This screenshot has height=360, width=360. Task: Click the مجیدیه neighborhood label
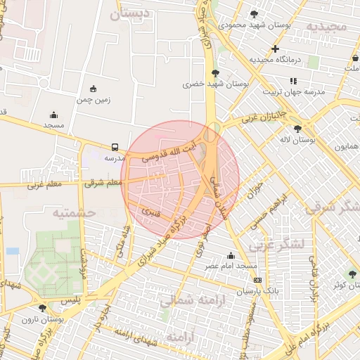click(x=326, y=26)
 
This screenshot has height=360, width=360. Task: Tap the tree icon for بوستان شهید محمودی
click(x=254, y=13)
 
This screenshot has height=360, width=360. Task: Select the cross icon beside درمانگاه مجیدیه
click(x=275, y=49)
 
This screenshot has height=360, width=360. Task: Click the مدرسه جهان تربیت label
click(x=293, y=91)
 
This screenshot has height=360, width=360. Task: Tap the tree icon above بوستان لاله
click(x=297, y=128)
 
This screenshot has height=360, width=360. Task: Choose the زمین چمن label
click(x=94, y=100)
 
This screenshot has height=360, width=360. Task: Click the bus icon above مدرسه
click(x=115, y=147)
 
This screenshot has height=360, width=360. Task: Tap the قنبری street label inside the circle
click(x=150, y=210)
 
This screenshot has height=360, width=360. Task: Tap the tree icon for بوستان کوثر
click(x=352, y=274)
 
